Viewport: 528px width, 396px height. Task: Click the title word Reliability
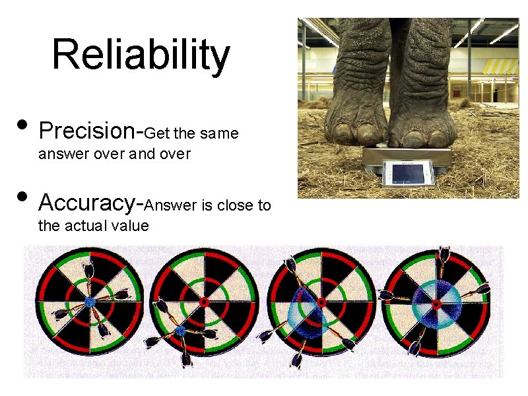click(x=141, y=55)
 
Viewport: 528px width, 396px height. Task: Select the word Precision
click(x=86, y=131)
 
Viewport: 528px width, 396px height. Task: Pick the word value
click(x=132, y=226)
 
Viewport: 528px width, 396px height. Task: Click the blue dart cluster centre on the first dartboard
click(x=90, y=302)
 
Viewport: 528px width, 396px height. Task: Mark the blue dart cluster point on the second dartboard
click(x=180, y=330)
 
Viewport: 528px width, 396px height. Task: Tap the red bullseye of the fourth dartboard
click(x=436, y=304)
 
